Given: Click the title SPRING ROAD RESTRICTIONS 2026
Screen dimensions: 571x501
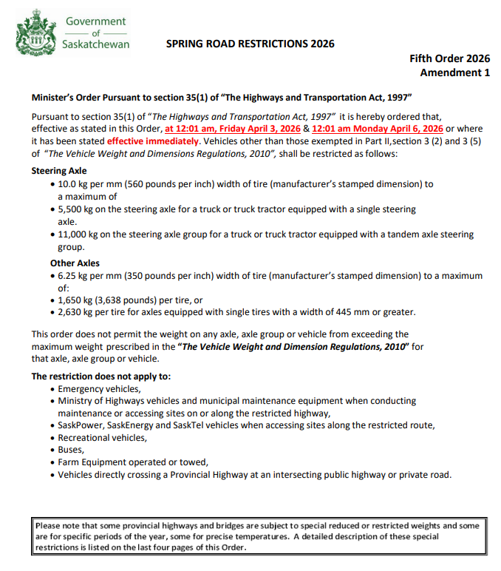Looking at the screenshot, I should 250,44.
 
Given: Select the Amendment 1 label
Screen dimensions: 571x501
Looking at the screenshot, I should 454,72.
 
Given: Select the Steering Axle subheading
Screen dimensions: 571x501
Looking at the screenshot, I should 58,171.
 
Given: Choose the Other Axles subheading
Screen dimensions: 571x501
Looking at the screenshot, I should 75,263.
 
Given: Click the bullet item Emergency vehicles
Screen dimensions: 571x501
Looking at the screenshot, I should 99,388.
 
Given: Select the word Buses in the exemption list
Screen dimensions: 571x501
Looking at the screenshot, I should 71,450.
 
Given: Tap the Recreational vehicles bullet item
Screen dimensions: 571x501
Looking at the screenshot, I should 102,438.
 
